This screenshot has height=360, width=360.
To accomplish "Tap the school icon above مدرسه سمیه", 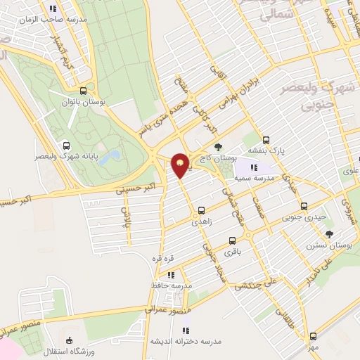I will pos(254,167).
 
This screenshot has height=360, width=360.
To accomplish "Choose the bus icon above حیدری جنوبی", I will pos(304,207).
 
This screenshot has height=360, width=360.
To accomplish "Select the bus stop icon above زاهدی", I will pos(202,210).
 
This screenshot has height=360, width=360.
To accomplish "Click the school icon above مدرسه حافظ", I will pos(171,275).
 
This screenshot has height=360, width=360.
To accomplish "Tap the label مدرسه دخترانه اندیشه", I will pos(186,340).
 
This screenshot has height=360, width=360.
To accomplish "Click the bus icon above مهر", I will pos(312,336).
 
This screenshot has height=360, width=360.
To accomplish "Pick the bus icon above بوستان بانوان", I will pos(84,91).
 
